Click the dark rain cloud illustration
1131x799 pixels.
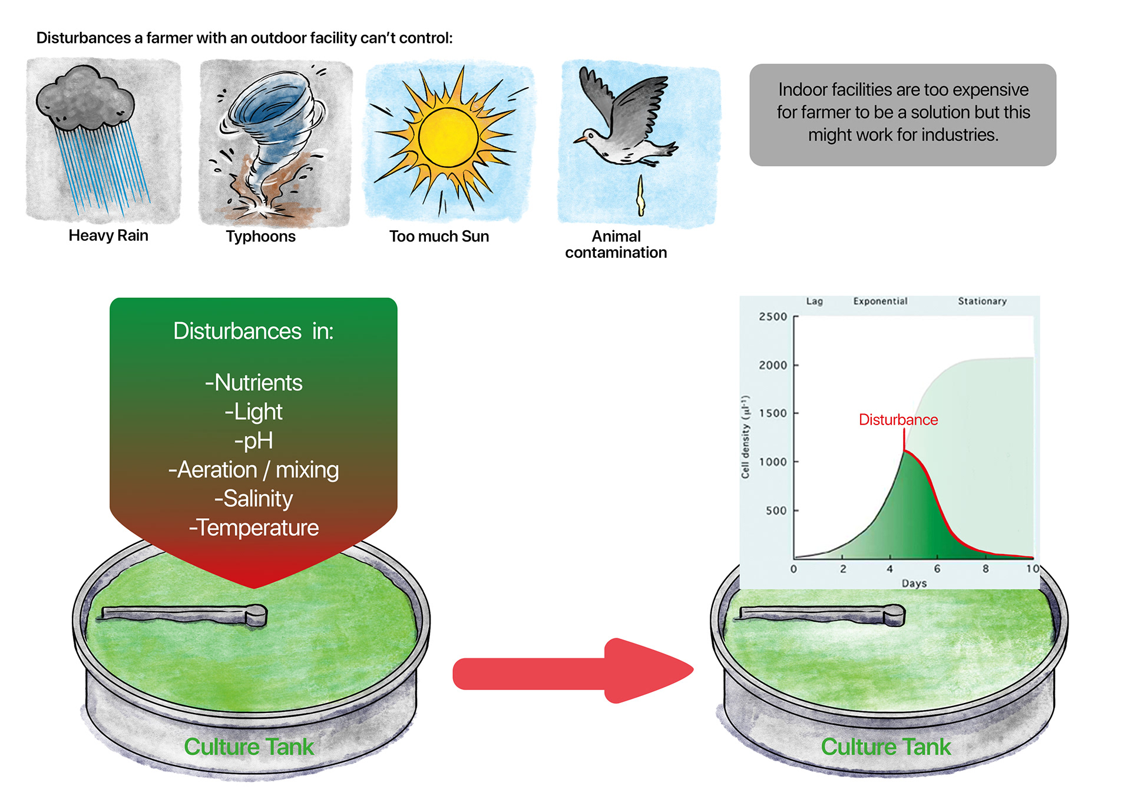[x=85, y=98]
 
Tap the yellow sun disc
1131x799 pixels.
[x=448, y=138]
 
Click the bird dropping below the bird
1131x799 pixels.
[x=641, y=196]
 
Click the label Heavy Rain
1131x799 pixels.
[x=108, y=236]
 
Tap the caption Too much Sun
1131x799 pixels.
[x=439, y=236]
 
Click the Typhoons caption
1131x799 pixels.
[x=260, y=237]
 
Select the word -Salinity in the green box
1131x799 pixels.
[x=253, y=499]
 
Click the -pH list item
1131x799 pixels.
[x=253, y=440]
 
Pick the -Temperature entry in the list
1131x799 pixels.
[x=253, y=528]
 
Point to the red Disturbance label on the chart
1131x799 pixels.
[x=898, y=420]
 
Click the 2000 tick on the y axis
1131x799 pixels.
[x=773, y=365]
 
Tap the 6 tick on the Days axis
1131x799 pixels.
[x=937, y=569]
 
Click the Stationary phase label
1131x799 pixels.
[x=982, y=301]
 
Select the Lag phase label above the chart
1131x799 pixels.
[x=815, y=301]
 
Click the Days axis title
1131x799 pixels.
[x=914, y=583]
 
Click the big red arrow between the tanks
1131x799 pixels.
[x=573, y=671]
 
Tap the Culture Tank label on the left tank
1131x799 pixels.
[x=249, y=747]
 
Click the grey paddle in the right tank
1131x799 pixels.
[x=821, y=615]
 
